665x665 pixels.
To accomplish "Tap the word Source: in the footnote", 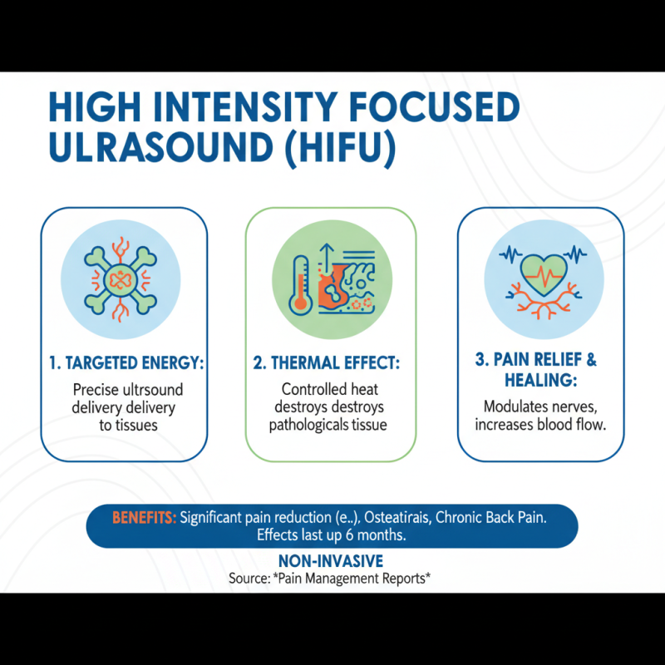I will click(248, 577).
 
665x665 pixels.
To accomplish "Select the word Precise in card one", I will click(96, 389).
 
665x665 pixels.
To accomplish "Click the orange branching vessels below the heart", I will click(541, 304).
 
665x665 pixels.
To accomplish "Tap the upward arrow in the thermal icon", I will click(327, 250).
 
